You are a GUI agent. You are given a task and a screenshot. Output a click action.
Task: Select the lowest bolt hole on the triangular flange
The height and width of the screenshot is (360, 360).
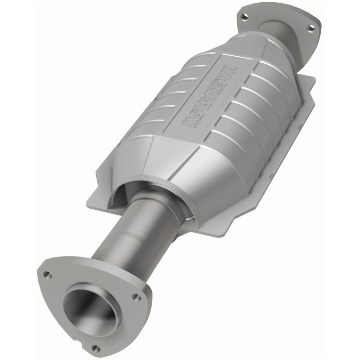click(95, 348)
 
